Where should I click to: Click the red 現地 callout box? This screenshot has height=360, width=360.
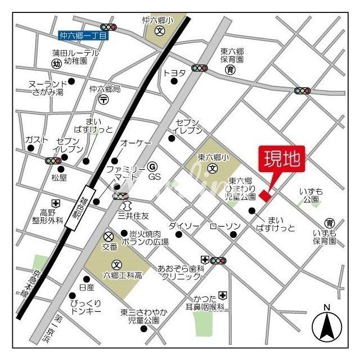tap(281, 159)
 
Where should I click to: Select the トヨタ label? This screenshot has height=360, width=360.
tap(174, 73)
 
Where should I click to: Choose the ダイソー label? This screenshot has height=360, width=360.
tap(184, 226)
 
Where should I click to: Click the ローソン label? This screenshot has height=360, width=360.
tap(226, 226)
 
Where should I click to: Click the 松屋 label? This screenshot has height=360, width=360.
tap(59, 178)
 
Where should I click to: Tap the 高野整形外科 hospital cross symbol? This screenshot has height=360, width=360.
tap(56, 203)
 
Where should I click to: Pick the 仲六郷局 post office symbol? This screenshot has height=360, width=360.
tap(104, 100)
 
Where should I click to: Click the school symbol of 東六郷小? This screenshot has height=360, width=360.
tap(213, 168)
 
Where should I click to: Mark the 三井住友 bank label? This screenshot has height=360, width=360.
tap(133, 215)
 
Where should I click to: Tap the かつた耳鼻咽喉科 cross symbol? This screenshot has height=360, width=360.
tap(223, 295)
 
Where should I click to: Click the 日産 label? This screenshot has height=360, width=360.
tap(87, 287)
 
